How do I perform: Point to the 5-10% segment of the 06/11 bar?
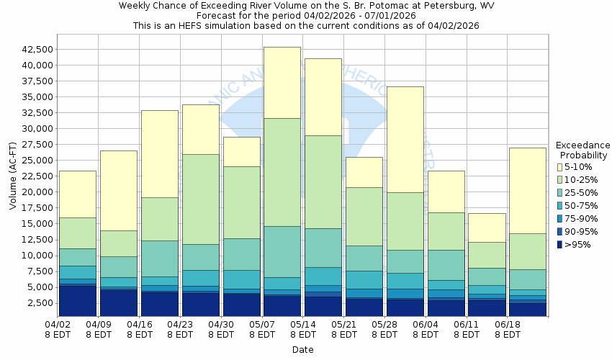(487, 228)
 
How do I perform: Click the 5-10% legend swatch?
(560, 167)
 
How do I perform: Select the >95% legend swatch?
(560, 245)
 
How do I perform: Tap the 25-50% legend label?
(581, 193)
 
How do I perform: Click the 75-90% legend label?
(581, 219)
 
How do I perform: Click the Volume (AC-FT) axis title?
(13, 176)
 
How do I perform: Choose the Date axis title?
(302, 350)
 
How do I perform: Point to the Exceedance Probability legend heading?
(584, 150)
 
